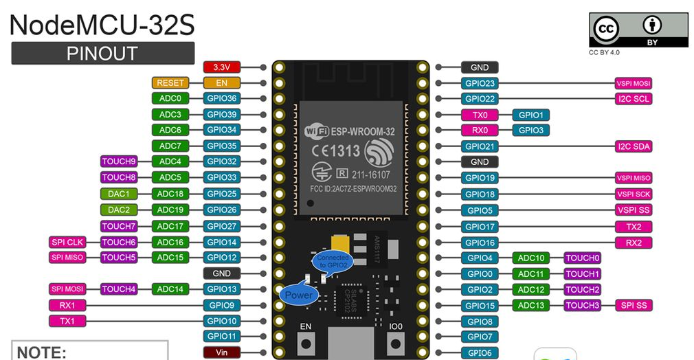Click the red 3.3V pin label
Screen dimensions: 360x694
[221, 67]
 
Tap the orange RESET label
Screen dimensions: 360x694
[170, 83]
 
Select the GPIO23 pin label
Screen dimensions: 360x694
[480, 84]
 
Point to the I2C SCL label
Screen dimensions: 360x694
[634, 99]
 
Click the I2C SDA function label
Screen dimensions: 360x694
[634, 146]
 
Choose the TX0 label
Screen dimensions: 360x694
[480, 115]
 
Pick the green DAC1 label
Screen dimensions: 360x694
[118, 194]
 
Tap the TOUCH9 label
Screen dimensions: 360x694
[119, 162]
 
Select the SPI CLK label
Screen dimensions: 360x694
[67, 242]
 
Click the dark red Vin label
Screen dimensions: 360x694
[221, 352]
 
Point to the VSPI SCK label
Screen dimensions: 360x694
[634, 194]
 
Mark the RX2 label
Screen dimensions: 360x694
[634, 242]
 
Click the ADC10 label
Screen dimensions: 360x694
[531, 258]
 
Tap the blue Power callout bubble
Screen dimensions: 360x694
[298, 295]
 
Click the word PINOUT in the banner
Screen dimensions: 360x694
[102, 54]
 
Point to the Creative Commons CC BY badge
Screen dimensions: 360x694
[638, 31]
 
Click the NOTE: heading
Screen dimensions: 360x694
[42, 352]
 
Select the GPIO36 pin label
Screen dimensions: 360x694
[221, 99]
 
